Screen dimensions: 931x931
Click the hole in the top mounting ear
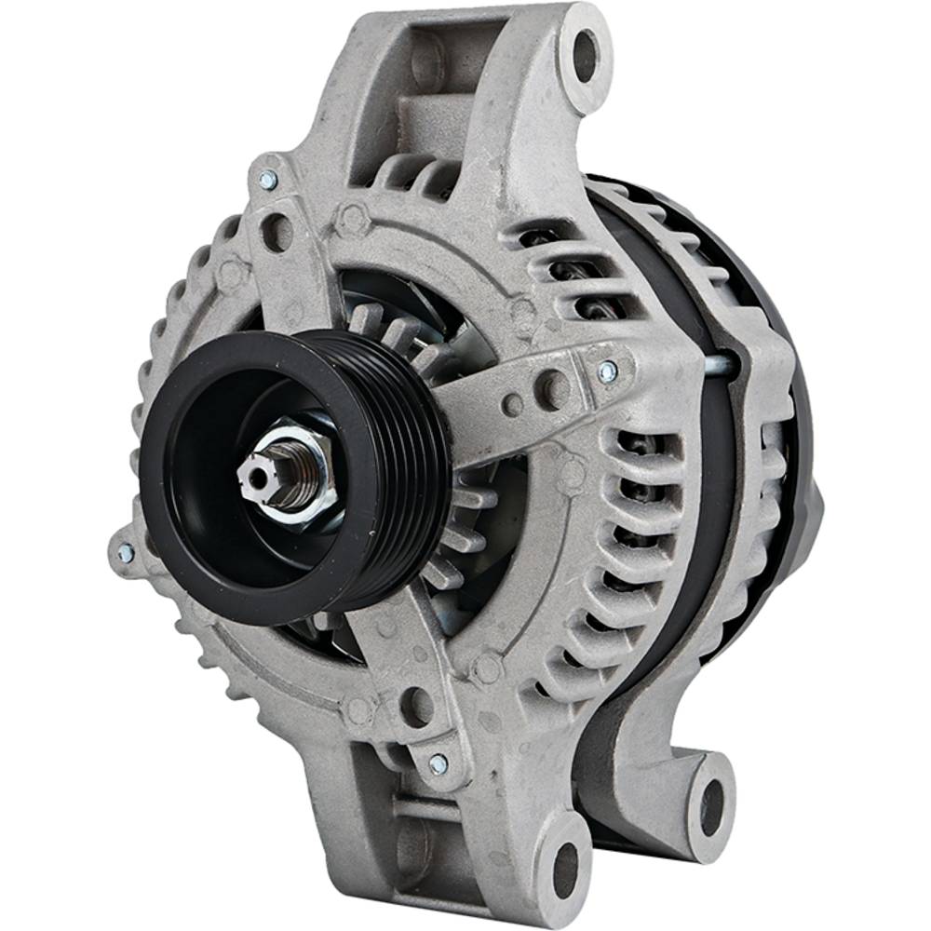(x=585, y=54)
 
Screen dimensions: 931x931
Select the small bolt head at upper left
(x=268, y=180)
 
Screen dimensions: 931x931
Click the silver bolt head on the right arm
(x=607, y=371)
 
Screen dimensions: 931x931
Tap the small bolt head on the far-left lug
(x=125, y=553)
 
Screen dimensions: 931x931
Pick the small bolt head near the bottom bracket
(x=438, y=763)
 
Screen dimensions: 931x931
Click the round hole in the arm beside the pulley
(x=552, y=387)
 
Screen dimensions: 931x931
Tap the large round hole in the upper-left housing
(x=277, y=231)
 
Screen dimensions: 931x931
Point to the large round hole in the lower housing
(x=415, y=704)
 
